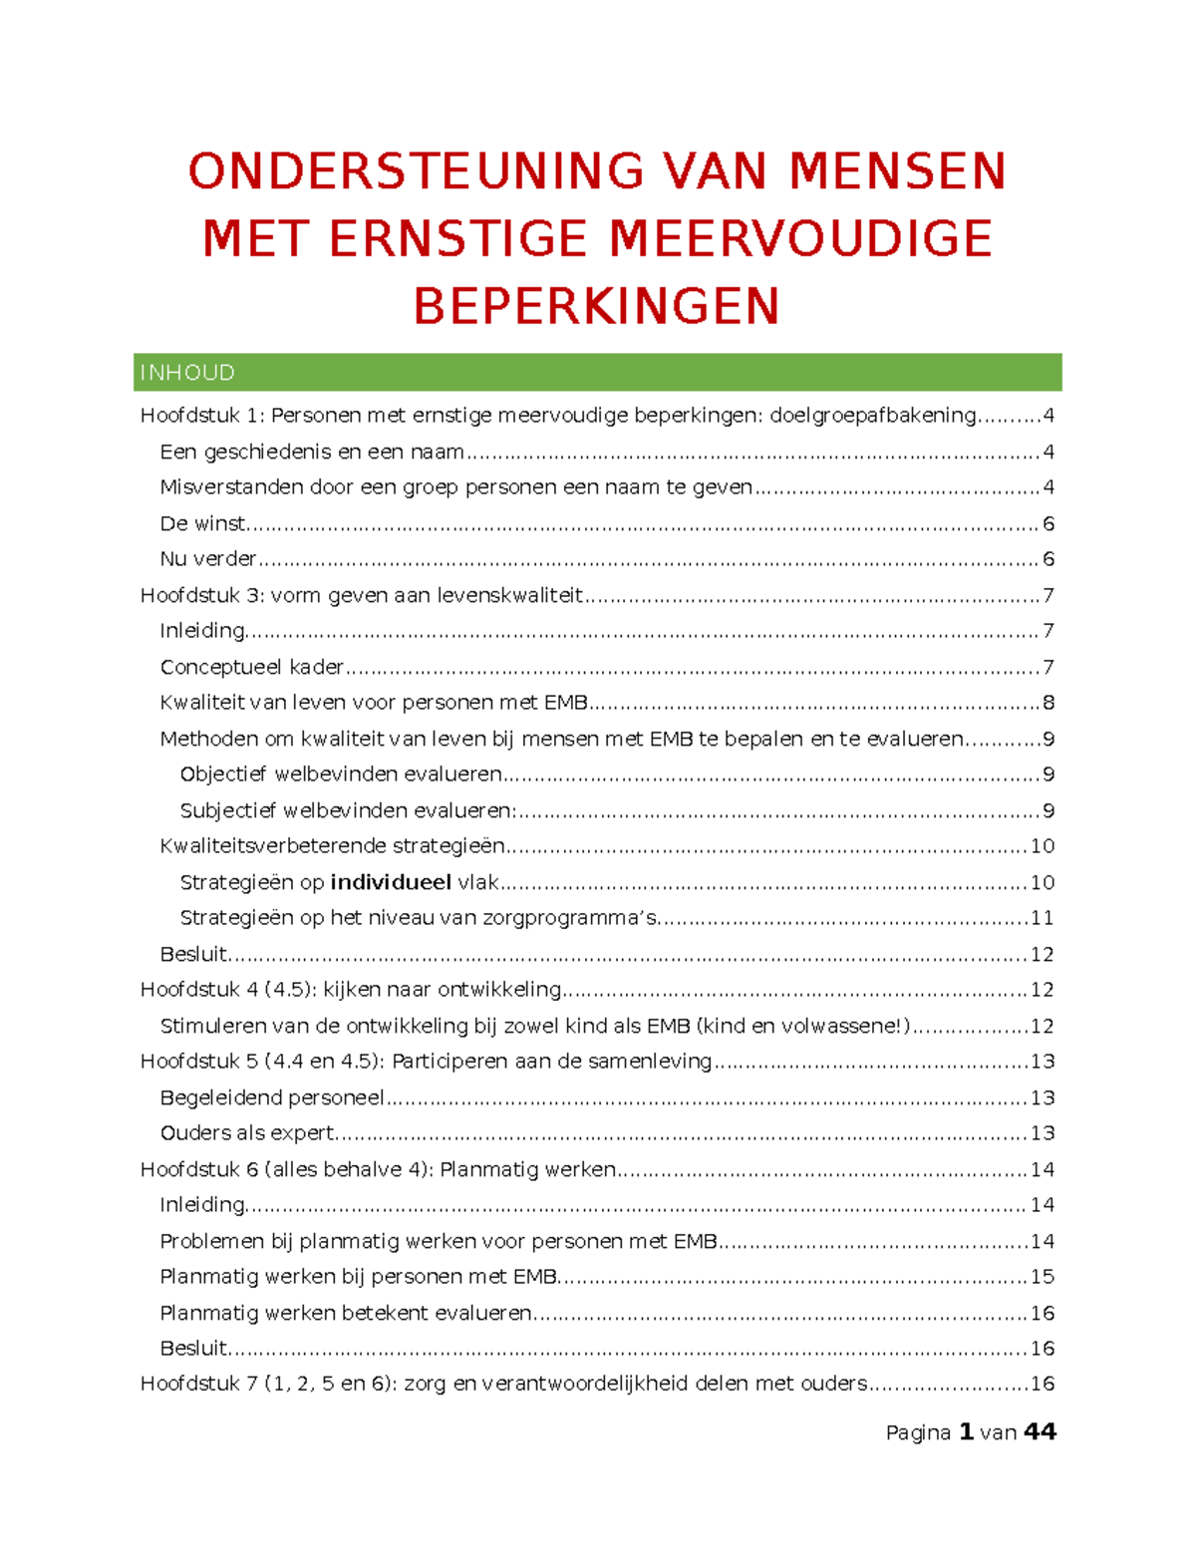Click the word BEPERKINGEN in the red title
pyautogui.click(x=596, y=306)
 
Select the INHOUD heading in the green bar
pyautogui.click(x=187, y=373)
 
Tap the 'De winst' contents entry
pyautogui.click(x=202, y=523)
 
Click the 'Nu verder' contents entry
pyautogui.click(x=208, y=559)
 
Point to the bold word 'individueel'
pyautogui.click(x=391, y=882)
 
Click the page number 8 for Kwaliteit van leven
pyautogui.click(x=1047, y=703)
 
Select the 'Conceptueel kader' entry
pyautogui.click(x=251, y=667)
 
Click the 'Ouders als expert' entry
pyautogui.click(x=247, y=1133)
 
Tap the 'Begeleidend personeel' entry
pyautogui.click(x=271, y=1097)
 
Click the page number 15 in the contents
pyautogui.click(x=1042, y=1277)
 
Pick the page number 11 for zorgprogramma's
pyautogui.click(x=1042, y=918)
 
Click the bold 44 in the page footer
pyautogui.click(x=1040, y=1432)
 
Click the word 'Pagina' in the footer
pyautogui.click(x=918, y=1433)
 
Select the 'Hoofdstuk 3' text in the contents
pyautogui.click(x=199, y=595)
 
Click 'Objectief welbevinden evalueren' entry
pyautogui.click(x=341, y=774)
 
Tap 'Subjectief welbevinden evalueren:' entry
pyautogui.click(x=348, y=810)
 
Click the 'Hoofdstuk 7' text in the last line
pyautogui.click(x=199, y=1384)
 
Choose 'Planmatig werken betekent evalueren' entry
pyautogui.click(x=346, y=1313)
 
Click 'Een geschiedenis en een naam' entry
pyautogui.click(x=312, y=452)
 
